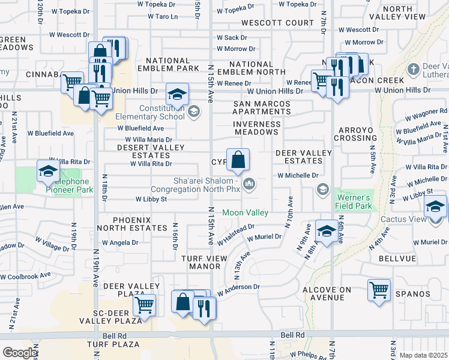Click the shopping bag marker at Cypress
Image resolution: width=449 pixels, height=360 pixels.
pos(238,160)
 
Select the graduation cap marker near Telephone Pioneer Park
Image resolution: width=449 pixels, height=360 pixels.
pos(47,172)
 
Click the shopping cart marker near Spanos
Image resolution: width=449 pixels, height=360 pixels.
pos(379,290)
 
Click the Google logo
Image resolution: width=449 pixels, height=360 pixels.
pos(20,353)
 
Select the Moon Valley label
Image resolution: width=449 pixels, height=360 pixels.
pos(246,212)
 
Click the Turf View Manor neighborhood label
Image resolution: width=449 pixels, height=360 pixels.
pos(200,262)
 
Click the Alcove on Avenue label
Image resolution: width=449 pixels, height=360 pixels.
pos(327,293)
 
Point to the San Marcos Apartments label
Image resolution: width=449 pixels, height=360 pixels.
pos(262,107)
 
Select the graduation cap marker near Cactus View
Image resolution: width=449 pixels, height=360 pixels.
pos(435,208)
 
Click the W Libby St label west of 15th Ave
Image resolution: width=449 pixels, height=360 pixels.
pos(151,199)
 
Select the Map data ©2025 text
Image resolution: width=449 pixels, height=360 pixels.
pos(423,355)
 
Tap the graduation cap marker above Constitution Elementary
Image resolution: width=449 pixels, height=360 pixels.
pos(177,94)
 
